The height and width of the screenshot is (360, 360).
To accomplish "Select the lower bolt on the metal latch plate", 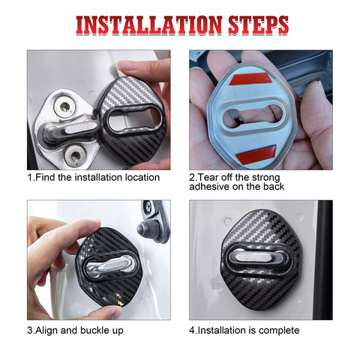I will pyautogui.click(x=76, y=155).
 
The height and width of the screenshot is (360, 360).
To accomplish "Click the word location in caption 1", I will pyautogui.click(x=140, y=178).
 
